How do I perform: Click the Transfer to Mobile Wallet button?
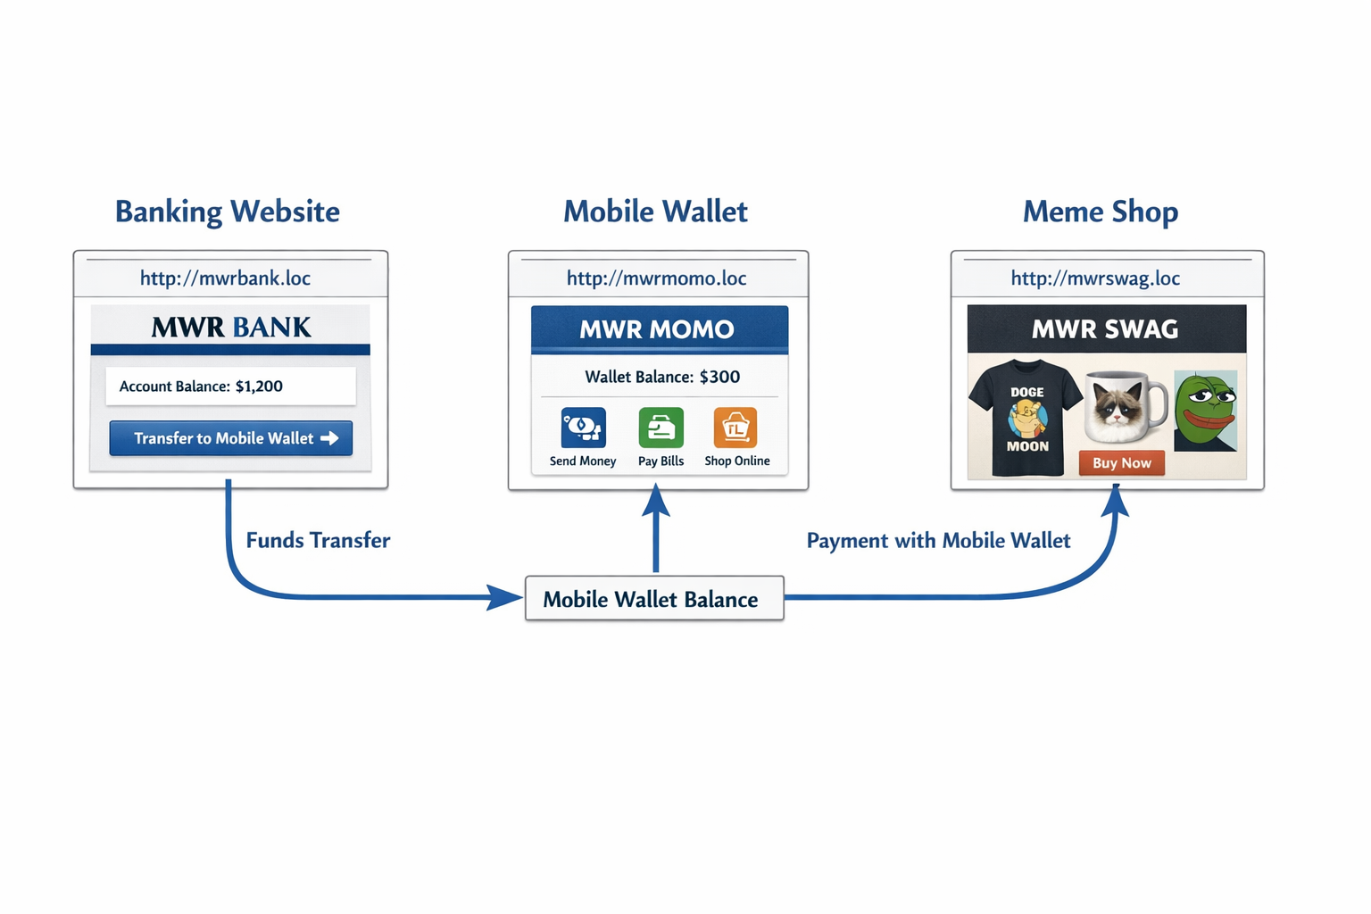point(231,438)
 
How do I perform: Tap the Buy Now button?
point(1121,462)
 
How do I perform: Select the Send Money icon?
point(583,428)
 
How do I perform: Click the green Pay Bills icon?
point(661,428)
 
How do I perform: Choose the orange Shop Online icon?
point(735,428)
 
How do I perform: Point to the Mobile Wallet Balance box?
point(654,599)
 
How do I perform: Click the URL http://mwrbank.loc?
point(225,278)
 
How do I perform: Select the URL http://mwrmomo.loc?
point(656,278)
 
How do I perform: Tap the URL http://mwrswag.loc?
point(1095,278)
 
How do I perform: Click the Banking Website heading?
point(228,212)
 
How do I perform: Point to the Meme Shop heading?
point(1101,212)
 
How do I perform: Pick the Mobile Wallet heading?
point(655,212)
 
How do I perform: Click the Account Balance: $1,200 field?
point(230,386)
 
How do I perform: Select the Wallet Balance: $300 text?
point(662,377)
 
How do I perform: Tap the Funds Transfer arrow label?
point(318,540)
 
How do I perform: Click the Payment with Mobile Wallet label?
point(938,540)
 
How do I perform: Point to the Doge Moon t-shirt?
point(1026,418)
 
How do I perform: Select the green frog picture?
point(1205,411)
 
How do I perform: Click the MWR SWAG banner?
point(1106,329)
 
